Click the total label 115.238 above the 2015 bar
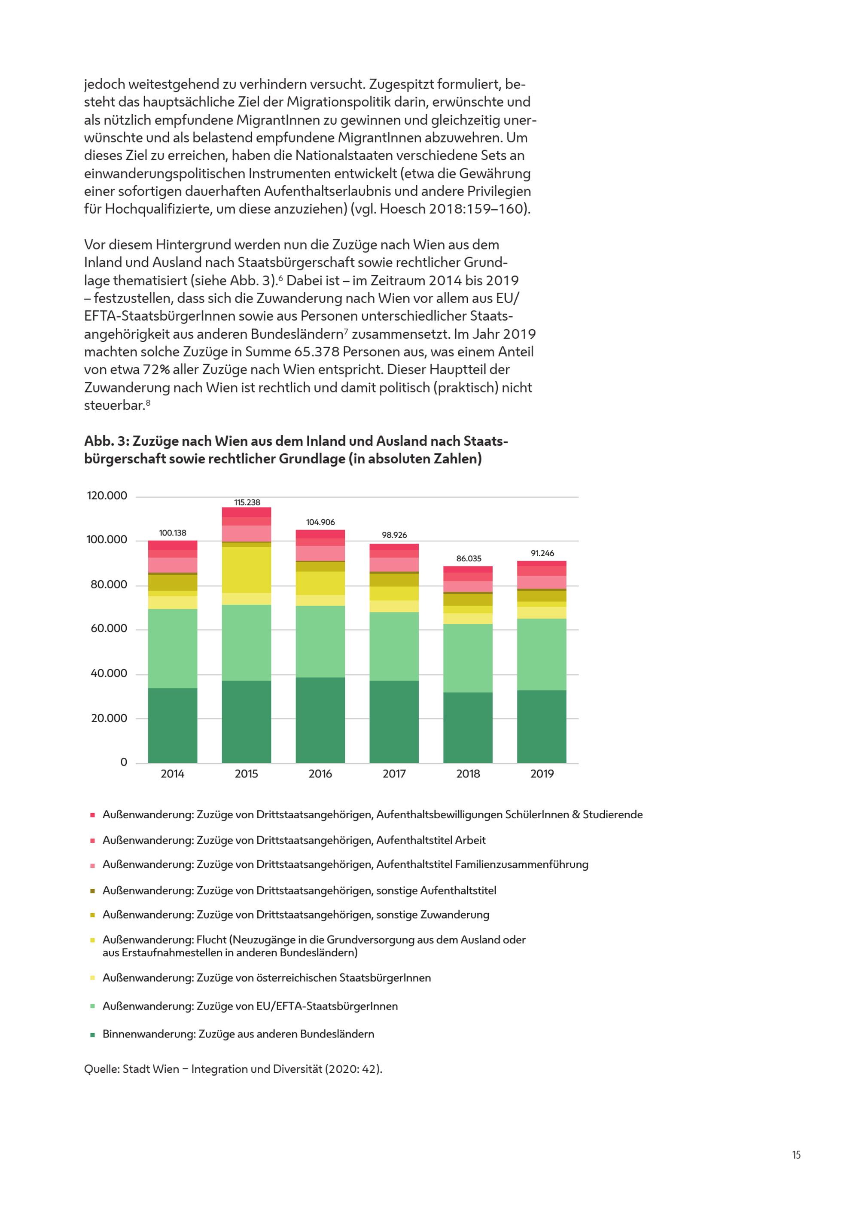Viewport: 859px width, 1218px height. coord(247,502)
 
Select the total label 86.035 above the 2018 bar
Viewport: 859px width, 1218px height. coord(469,559)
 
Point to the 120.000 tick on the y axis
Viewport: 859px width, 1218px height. coord(107,496)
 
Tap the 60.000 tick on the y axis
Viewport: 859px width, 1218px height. coord(109,629)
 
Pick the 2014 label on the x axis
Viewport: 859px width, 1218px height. coord(172,774)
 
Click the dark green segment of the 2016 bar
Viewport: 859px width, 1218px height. coord(320,720)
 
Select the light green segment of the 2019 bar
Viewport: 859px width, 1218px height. coord(542,655)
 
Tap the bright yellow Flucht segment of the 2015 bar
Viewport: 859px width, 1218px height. coord(247,570)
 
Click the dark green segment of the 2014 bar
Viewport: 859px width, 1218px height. coord(172,726)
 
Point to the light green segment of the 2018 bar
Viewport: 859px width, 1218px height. coord(468,658)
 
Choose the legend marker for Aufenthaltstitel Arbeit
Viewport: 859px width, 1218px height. coord(92,841)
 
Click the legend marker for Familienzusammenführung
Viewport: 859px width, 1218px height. coord(92,866)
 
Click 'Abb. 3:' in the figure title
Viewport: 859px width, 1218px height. coord(107,441)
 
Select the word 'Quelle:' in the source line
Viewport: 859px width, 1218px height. coord(102,1069)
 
